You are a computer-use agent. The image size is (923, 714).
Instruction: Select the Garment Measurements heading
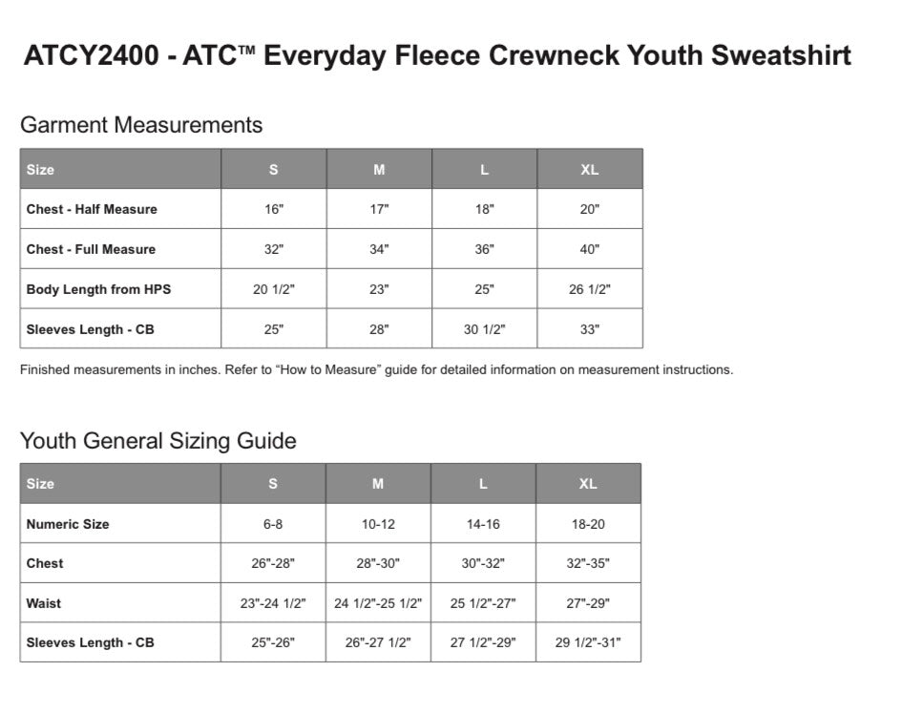(141, 125)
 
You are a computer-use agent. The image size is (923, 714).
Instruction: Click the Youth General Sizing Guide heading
(158, 441)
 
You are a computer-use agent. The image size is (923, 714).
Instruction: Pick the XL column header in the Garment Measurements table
(590, 170)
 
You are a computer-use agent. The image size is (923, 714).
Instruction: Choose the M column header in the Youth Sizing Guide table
(378, 484)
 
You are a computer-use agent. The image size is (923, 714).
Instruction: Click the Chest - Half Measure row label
(92, 209)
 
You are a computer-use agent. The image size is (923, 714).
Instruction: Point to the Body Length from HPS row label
(98, 289)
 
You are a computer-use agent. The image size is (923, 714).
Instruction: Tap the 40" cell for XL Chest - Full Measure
(590, 249)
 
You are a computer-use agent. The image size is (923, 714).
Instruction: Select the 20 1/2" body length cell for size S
(274, 289)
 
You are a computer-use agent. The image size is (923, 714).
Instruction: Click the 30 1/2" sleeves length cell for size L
(485, 329)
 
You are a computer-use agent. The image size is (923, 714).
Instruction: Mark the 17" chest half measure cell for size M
(379, 209)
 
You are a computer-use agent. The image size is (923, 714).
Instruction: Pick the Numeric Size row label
(68, 524)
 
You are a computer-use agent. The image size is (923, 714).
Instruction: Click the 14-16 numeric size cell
(483, 524)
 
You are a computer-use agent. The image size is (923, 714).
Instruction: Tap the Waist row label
(44, 603)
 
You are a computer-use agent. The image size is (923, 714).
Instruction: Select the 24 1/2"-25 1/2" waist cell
(378, 603)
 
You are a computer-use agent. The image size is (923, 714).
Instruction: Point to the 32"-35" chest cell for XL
(588, 563)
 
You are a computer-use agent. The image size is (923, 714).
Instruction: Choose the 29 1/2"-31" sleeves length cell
(588, 642)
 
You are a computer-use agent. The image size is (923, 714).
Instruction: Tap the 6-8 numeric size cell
(273, 524)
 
